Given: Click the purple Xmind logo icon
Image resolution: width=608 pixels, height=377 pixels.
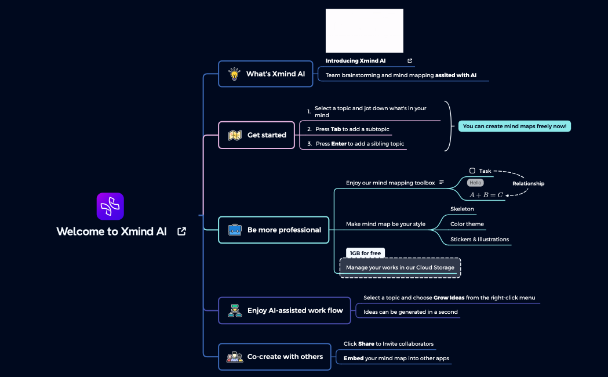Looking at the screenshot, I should (110, 206).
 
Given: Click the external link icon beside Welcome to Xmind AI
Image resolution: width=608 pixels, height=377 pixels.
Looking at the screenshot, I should (181, 231).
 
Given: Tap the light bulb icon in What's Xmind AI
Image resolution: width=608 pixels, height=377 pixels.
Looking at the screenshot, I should (234, 74).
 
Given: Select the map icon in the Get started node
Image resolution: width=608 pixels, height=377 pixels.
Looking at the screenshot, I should (235, 135).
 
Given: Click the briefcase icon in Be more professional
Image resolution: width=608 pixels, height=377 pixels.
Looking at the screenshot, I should (235, 230).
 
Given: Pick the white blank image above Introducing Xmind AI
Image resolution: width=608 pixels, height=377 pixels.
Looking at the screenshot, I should (364, 31).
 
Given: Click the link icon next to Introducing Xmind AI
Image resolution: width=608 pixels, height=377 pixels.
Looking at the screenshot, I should (410, 60).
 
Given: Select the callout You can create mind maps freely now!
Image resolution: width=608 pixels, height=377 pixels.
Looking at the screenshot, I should (515, 126).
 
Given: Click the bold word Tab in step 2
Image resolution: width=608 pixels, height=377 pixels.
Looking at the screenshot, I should (336, 129).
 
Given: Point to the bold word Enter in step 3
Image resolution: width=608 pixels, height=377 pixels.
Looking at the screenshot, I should (338, 144).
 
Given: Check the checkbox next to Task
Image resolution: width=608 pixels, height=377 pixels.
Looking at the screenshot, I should (472, 171).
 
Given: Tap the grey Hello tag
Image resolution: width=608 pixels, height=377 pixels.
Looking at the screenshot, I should (475, 183).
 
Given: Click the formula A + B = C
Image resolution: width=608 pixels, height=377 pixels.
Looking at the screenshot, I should (486, 195).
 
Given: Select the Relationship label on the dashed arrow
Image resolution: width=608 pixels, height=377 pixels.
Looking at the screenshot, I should (528, 183).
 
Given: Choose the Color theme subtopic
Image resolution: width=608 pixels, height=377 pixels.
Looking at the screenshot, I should (467, 224).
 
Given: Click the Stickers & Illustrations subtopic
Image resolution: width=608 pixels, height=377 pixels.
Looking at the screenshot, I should (479, 239).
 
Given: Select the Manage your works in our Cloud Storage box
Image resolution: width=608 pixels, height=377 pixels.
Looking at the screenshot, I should (400, 267).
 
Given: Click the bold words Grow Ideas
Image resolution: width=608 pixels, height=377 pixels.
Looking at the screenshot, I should (449, 298).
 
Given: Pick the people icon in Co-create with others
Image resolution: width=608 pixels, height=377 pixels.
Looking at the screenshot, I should (235, 357).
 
